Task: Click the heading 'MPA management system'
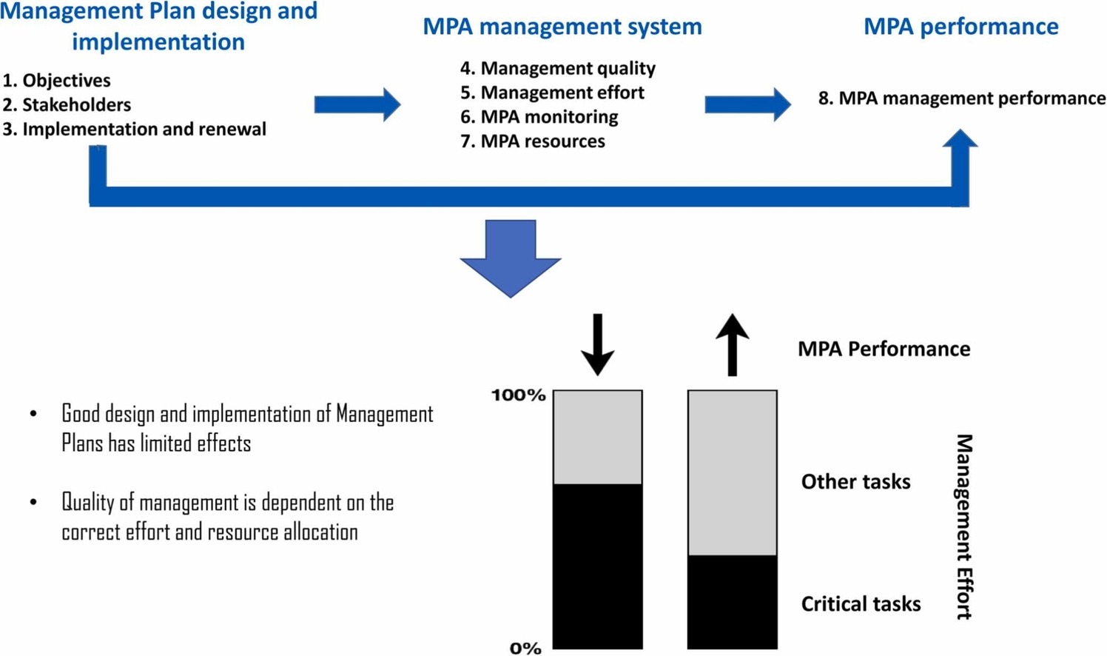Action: (562, 27)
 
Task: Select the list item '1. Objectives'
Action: (57, 81)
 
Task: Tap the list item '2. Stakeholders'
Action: (67, 104)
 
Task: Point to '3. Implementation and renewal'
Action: (134, 129)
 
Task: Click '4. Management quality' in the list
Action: (558, 68)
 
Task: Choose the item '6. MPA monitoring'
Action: (539, 117)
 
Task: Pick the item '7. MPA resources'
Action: (532, 141)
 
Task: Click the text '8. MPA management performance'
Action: (961, 98)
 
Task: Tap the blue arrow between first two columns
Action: (357, 104)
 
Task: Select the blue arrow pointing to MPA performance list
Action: (748, 104)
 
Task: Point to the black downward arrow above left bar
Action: (597, 345)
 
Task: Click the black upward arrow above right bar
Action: (733, 345)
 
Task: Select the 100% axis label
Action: (519, 395)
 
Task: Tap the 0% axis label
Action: (525, 648)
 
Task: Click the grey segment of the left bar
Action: (598, 437)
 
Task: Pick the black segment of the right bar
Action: (733, 601)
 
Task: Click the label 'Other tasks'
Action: (855, 482)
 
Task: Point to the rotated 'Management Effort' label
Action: (963, 526)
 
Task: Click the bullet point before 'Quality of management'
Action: (33, 503)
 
